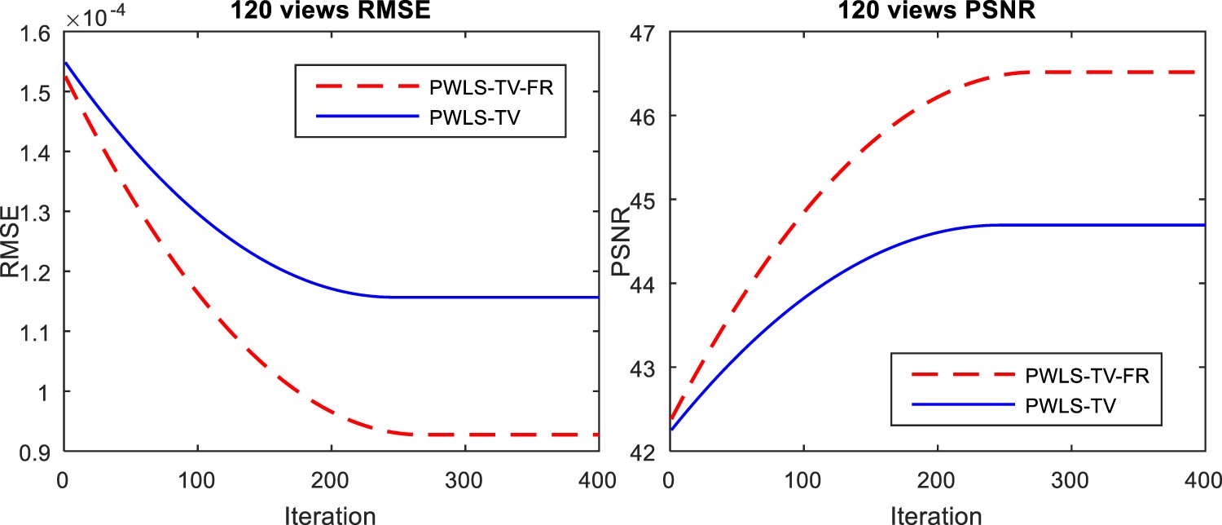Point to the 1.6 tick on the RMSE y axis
point(36,33)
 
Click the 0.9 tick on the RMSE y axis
point(36,452)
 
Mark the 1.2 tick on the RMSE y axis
point(36,272)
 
